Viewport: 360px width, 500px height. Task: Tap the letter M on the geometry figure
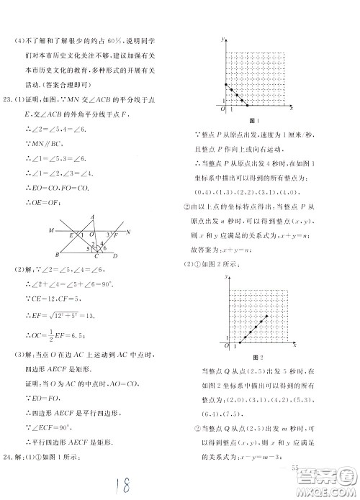pyautogui.click(x=51, y=231)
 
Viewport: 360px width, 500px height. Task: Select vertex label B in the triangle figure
pyautogui.click(x=58, y=255)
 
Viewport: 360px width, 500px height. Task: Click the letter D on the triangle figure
pyautogui.click(x=116, y=256)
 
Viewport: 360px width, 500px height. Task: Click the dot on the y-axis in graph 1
pyautogui.click(x=226, y=85)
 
